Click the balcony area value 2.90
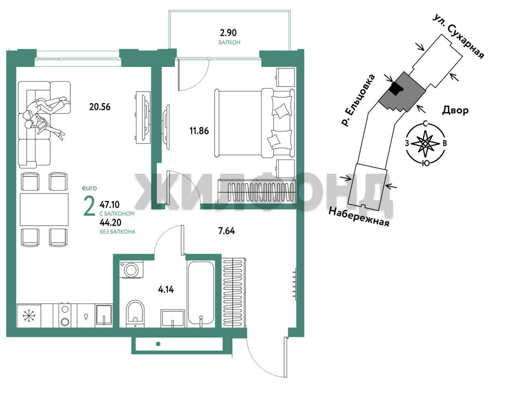coord(228,33)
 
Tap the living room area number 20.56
coord(100,107)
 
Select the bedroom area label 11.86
coord(199,131)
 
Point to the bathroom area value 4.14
coord(166,289)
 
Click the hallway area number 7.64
coord(226,231)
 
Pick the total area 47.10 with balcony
coord(110,205)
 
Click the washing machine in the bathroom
coord(131,269)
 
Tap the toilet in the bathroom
coord(135,313)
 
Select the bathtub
coord(201,294)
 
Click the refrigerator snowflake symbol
coord(29,316)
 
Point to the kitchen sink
coord(104,315)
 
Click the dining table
coord(44,210)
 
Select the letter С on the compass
coord(425,124)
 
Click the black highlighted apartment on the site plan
coord(396,89)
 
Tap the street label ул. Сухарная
coord(459,37)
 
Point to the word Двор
coord(455,110)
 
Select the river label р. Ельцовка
coord(358,100)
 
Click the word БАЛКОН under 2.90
coord(229,42)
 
